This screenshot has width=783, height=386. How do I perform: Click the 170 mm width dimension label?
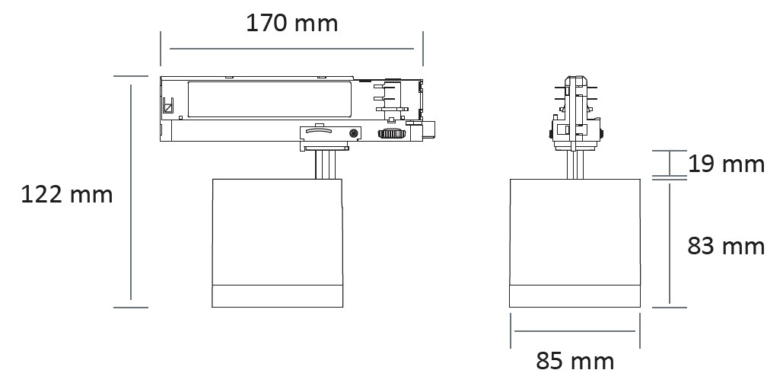[292, 24]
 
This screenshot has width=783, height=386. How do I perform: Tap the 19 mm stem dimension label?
[726, 164]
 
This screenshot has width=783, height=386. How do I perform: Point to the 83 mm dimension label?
[726, 246]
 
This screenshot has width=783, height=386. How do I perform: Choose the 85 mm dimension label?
[575, 361]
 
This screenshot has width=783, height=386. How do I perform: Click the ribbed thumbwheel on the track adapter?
[392, 134]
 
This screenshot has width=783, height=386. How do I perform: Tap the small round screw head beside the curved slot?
[354, 134]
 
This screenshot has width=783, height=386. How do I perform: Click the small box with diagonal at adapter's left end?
[168, 105]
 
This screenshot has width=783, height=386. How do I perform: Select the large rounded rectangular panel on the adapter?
[270, 100]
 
